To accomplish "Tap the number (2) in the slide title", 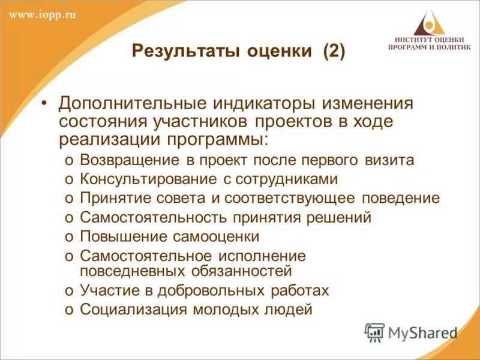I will point(334,51).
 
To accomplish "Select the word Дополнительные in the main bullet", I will point(124,103).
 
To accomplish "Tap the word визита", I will point(389,160).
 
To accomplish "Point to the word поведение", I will point(400,199).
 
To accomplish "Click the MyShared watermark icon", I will point(375,332).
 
